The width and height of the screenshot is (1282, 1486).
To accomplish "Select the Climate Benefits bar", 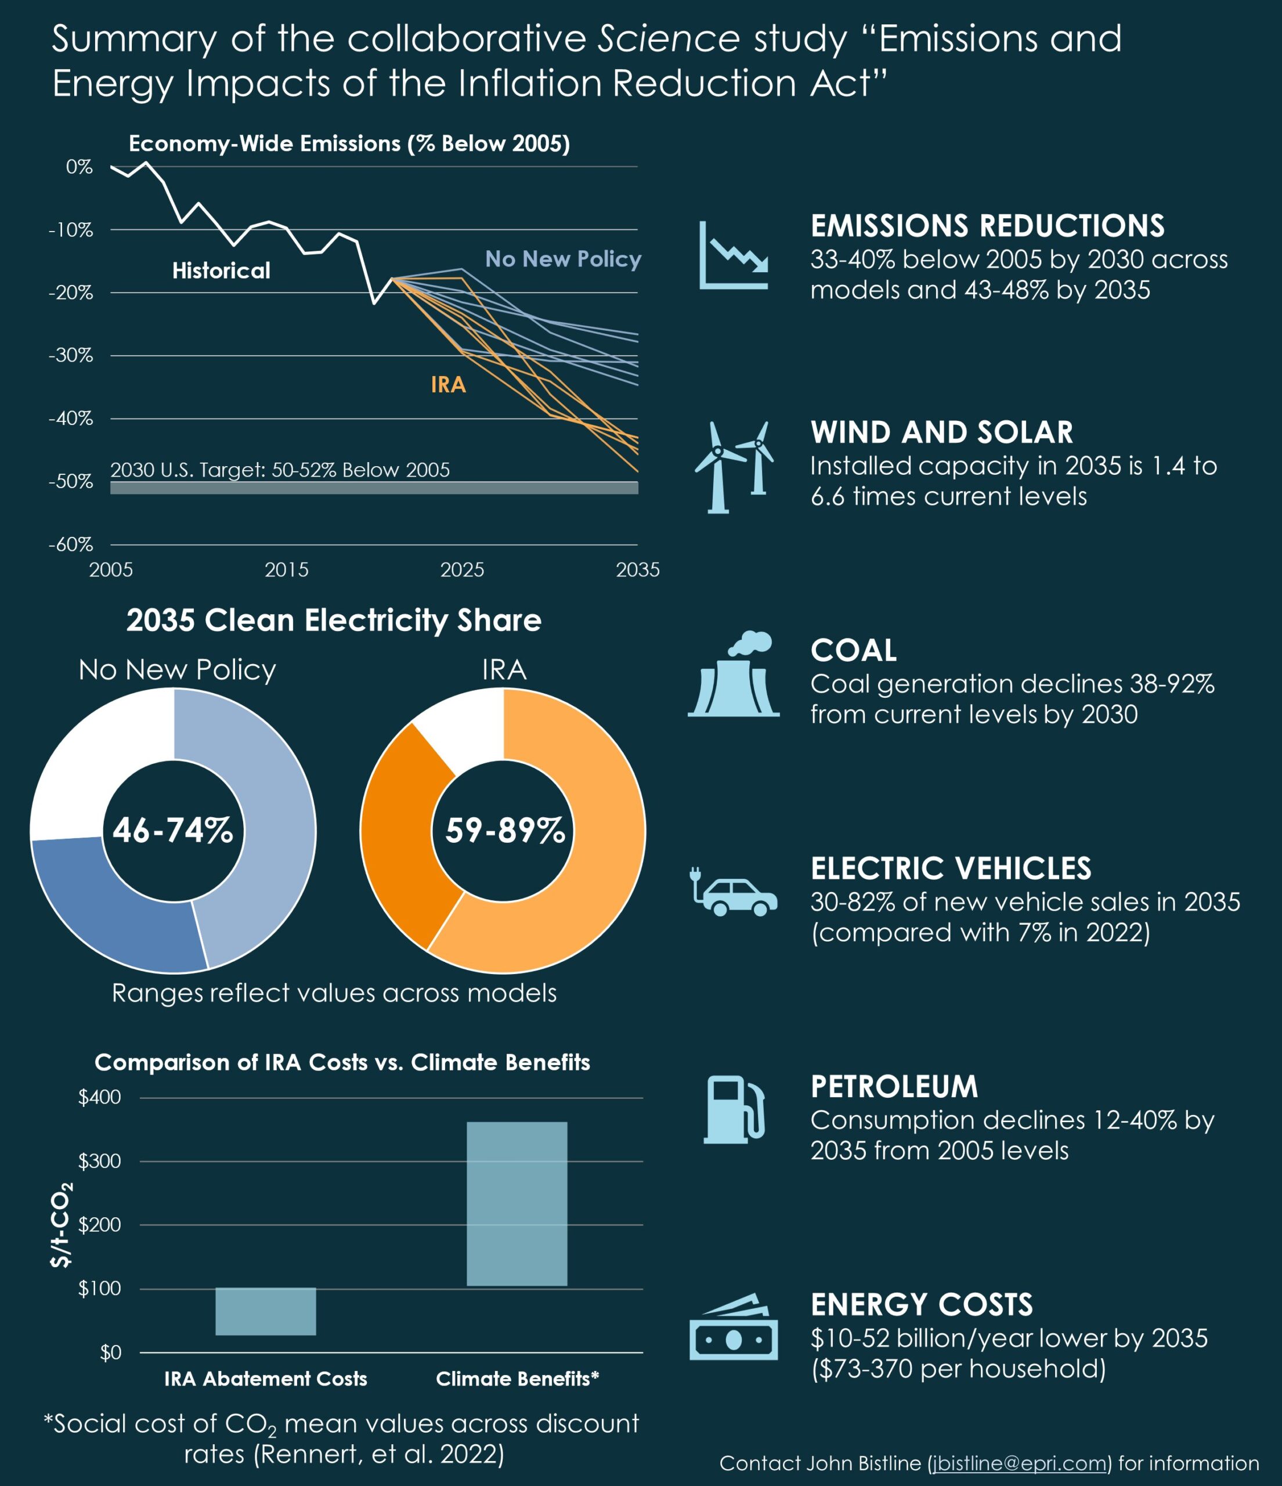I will tap(517, 1203).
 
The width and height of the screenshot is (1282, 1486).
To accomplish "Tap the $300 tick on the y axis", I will tap(100, 1161).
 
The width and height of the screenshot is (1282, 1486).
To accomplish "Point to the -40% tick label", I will tap(70, 418).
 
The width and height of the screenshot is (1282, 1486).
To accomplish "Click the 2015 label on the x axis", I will tap(286, 569).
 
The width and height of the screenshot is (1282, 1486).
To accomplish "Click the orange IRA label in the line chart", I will tap(448, 385).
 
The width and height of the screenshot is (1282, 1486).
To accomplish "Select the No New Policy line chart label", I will tap(563, 259).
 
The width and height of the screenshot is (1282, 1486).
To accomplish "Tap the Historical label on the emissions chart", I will tap(221, 270).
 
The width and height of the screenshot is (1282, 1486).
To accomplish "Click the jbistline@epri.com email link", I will tap(1020, 1463).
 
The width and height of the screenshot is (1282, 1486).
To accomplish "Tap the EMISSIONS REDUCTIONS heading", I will tap(987, 226).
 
